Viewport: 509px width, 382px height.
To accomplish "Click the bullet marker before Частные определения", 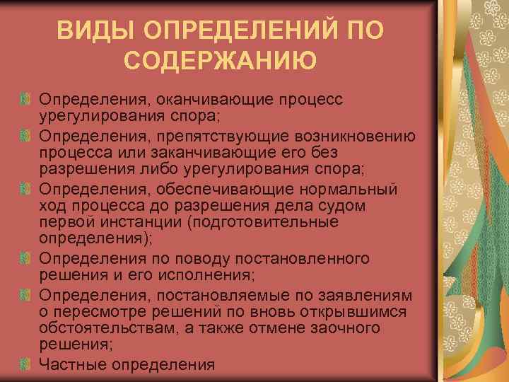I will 26,364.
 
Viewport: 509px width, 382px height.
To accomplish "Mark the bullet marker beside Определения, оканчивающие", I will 26,98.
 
